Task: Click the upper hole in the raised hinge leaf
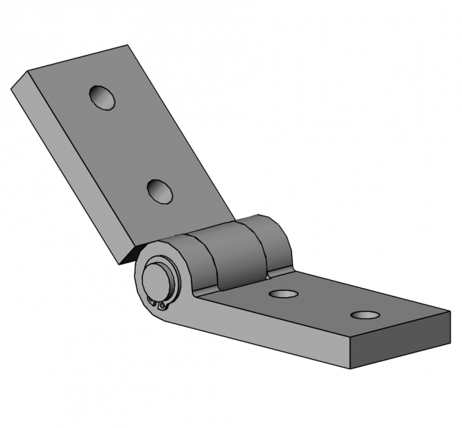pos(102,97)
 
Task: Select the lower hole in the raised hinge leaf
pos(160,191)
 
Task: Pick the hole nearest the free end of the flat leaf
pos(365,314)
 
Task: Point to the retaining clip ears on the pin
pos(161,306)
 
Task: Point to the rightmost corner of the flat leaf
pos(449,312)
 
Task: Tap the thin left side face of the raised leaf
pos(64,171)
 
